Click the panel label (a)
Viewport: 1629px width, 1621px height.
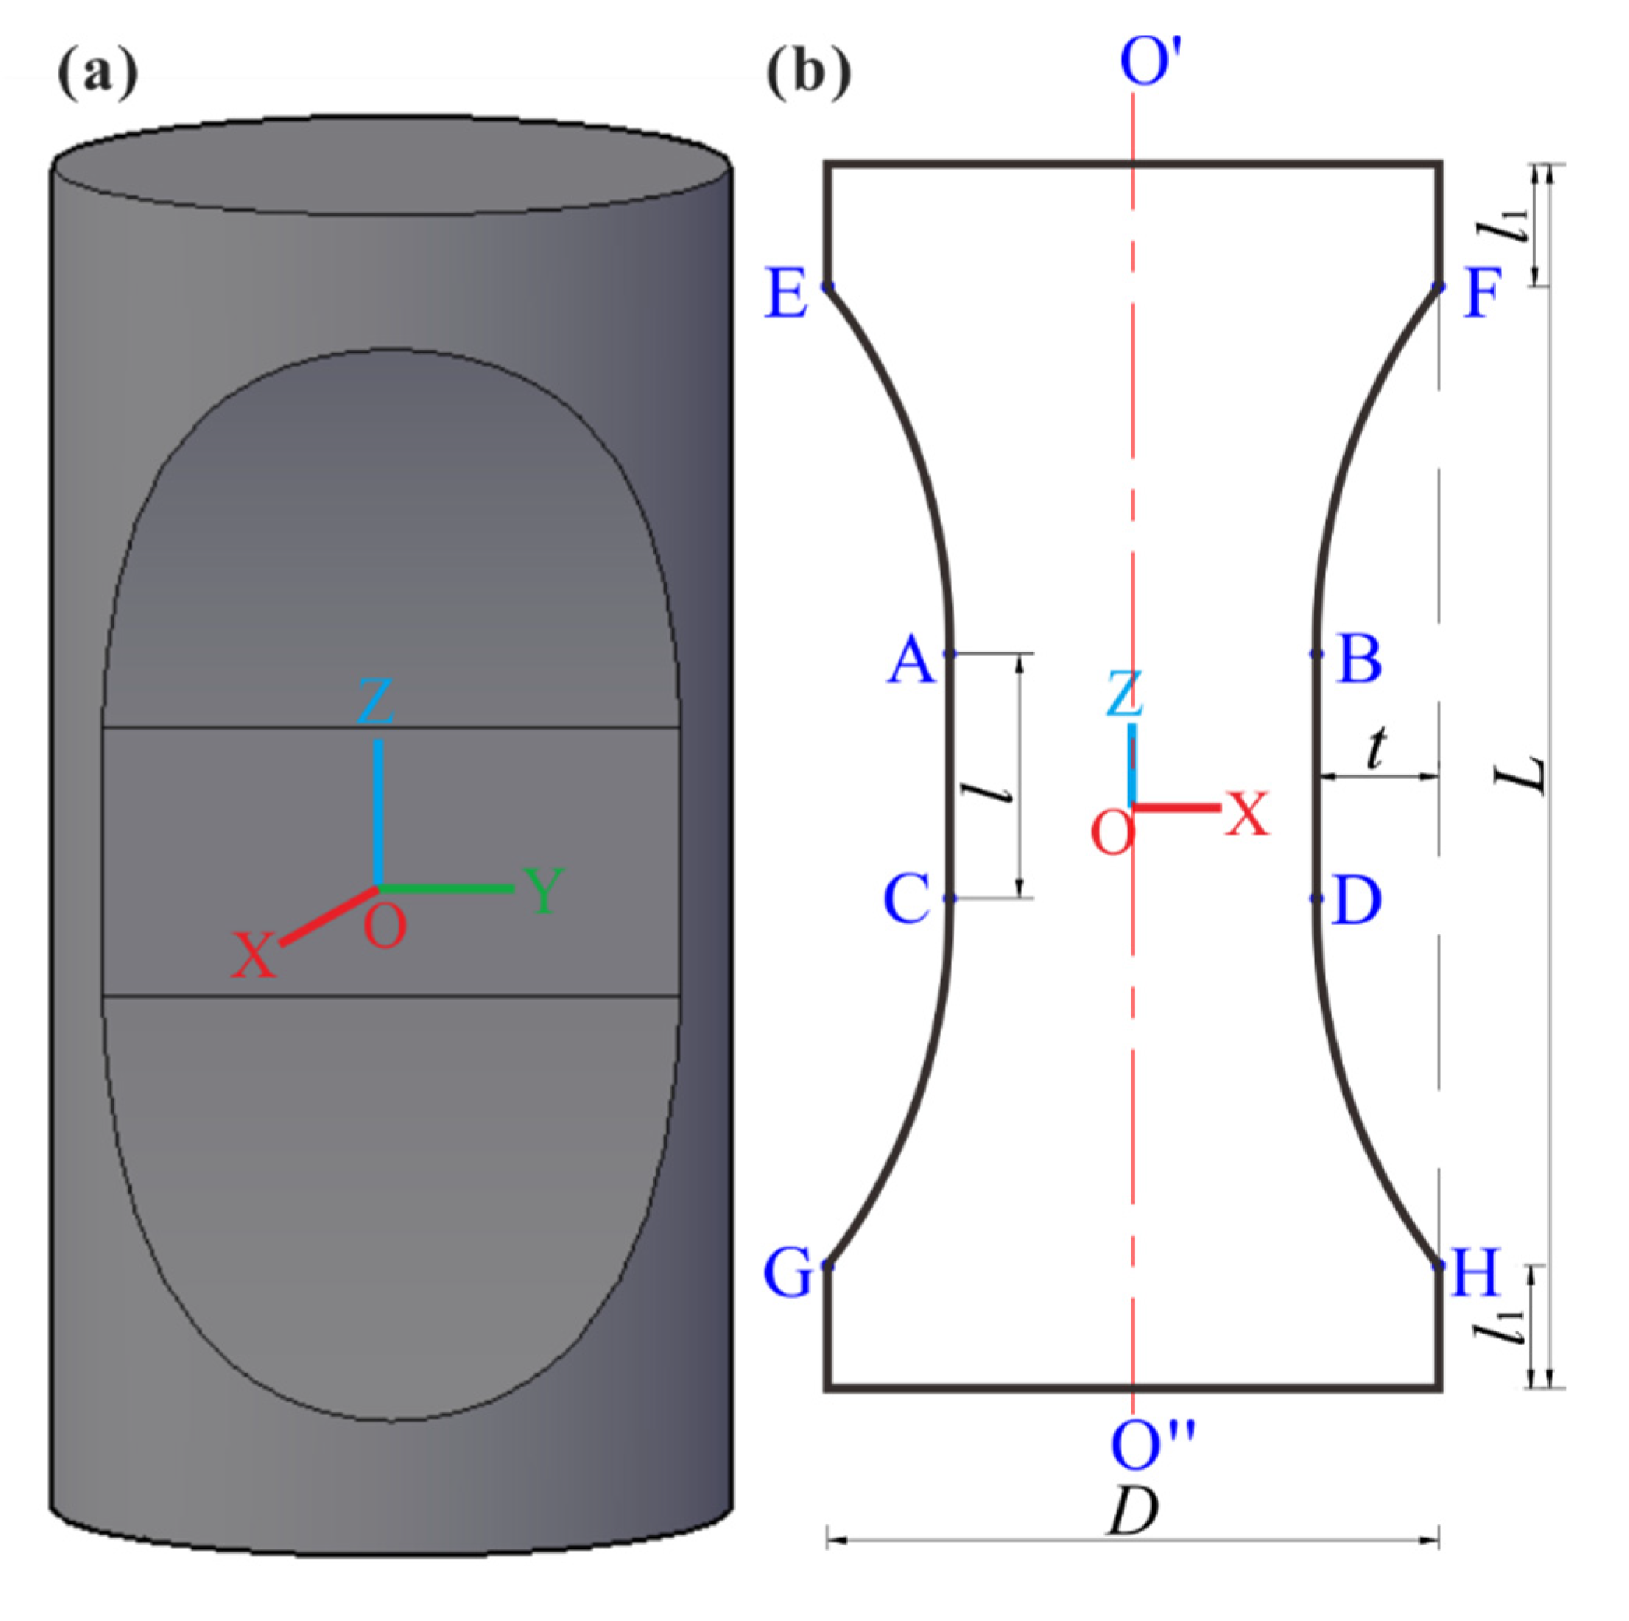[x=97, y=74]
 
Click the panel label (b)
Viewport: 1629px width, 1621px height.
[x=807, y=74]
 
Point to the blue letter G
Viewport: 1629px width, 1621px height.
[x=786, y=1273]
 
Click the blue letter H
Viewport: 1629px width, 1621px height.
[x=1476, y=1272]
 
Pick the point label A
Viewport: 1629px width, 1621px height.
[x=910, y=660]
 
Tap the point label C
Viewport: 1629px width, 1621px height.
[x=906, y=898]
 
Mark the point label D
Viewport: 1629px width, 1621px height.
[x=1357, y=900]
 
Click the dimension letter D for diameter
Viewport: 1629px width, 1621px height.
[x=1132, y=1510]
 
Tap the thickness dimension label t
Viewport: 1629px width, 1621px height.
[x=1375, y=750]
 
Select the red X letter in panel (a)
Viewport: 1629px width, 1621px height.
[x=254, y=955]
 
